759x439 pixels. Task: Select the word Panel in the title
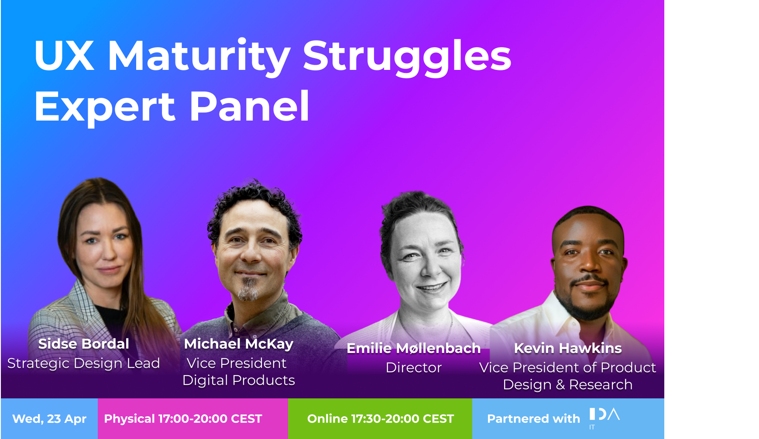pos(250,106)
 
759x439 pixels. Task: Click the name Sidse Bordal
pos(84,344)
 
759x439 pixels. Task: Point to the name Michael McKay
pos(239,344)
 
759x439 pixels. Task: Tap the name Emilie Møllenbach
pos(413,348)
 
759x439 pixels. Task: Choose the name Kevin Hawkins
pos(568,348)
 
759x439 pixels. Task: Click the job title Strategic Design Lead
pos(84,363)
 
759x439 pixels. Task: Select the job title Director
pos(414,367)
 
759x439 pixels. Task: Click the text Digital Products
pos(239,380)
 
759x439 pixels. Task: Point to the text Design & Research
pos(568,385)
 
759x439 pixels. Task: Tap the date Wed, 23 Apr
pos(49,419)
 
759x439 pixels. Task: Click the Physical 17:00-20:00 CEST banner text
pos(183,419)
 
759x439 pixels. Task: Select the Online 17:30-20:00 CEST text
pos(381,419)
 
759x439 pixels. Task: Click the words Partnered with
pos(533,419)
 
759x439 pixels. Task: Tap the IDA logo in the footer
pos(604,418)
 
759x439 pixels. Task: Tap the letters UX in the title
pos(64,55)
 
